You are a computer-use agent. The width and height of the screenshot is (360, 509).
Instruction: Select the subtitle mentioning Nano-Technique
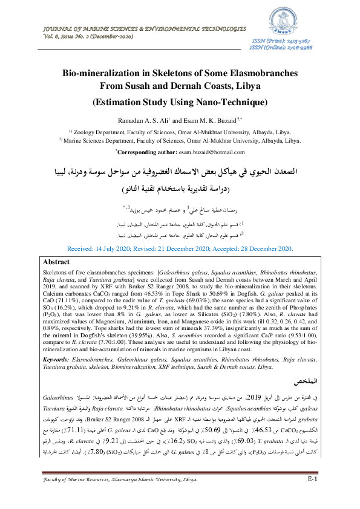click(180, 102)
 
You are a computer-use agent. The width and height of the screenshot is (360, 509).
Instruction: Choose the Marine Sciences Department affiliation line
click(180, 140)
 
